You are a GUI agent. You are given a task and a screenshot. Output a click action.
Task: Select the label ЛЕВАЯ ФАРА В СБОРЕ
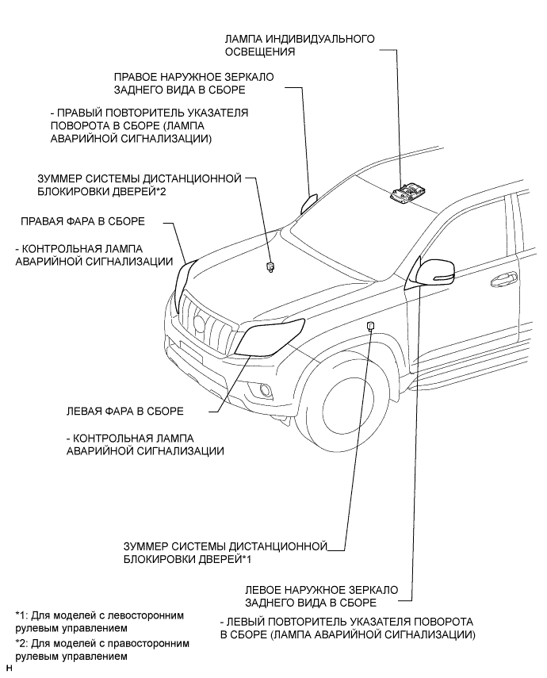[127, 412]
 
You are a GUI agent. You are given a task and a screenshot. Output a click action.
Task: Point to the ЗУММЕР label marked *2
[139, 185]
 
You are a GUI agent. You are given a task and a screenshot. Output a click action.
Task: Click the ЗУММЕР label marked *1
[225, 553]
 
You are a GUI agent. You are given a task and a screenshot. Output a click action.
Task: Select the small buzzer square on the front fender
[370, 325]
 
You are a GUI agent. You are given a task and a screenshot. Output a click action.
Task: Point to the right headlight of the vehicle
[185, 276]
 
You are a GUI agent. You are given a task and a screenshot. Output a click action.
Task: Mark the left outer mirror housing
[432, 272]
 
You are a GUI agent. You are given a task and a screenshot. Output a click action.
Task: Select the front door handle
[503, 279]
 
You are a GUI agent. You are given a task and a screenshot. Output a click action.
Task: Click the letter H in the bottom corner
[7, 671]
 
